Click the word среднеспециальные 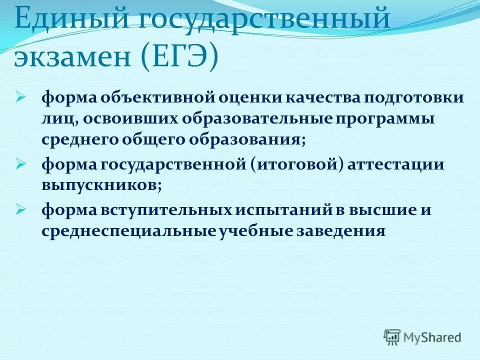129,231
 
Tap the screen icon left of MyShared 392,336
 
